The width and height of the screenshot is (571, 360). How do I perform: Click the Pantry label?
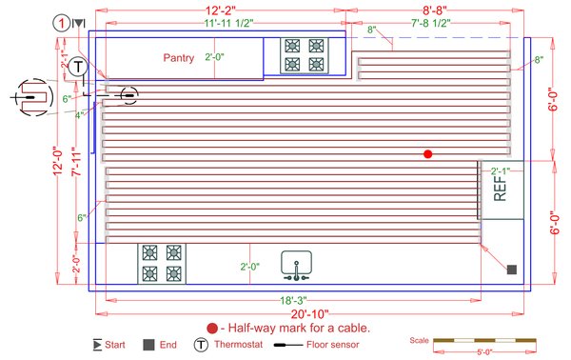click(178, 58)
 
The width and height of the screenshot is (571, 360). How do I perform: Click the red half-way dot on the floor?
click(428, 153)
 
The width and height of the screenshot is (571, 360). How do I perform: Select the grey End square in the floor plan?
click(511, 270)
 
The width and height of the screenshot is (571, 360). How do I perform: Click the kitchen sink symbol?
click(297, 265)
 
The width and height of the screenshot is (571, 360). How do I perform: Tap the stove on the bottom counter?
click(161, 263)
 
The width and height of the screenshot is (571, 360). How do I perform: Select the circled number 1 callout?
click(61, 22)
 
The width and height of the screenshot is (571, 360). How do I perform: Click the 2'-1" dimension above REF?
click(499, 171)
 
